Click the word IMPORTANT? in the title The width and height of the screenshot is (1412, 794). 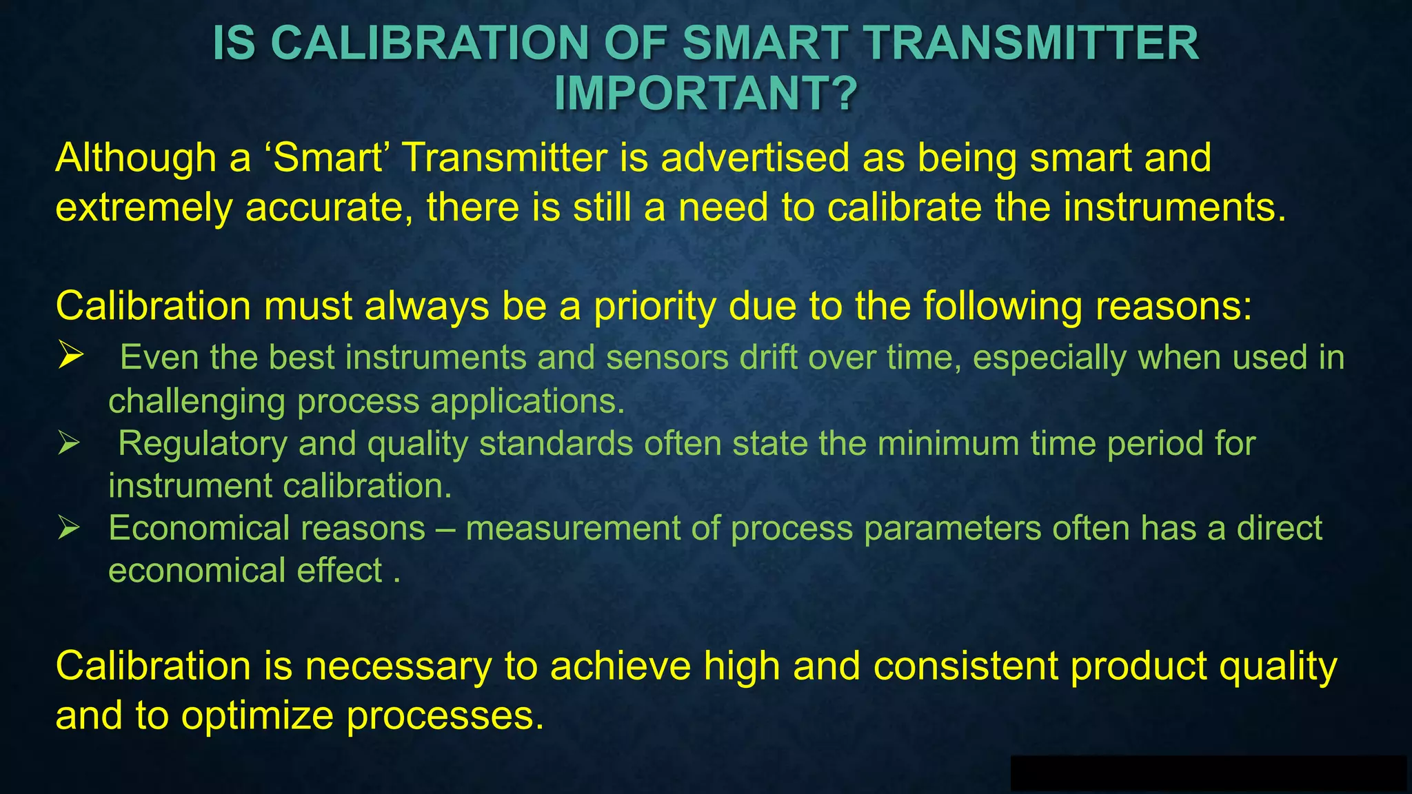tap(705, 93)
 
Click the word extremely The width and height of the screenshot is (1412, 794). tap(143, 207)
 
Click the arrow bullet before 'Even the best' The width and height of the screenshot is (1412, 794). tap(71, 356)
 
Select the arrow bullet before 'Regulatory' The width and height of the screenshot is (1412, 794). tap(70, 442)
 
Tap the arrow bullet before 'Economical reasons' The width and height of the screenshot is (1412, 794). tap(70, 528)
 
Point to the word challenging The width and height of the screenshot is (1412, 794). tap(196, 401)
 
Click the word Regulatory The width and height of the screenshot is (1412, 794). tap(202, 443)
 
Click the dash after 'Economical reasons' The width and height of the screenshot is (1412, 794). tap(445, 529)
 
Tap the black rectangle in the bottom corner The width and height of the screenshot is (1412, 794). tap(1208, 773)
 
